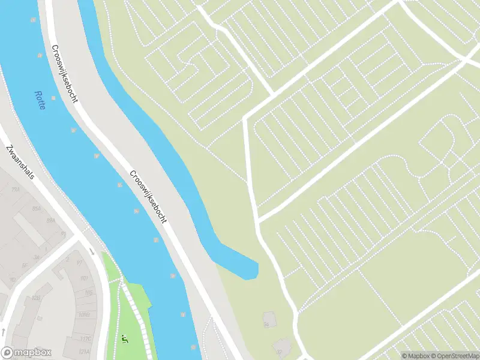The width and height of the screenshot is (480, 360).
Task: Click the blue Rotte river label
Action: tap(40, 100)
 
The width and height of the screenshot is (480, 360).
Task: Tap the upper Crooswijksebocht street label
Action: tap(65, 73)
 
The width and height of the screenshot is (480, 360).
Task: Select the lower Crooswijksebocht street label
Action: tap(148, 197)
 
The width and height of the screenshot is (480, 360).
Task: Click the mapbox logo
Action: tap(26, 353)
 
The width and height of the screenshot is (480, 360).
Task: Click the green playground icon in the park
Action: tap(125, 340)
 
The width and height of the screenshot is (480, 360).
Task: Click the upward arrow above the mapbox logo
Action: tap(4, 331)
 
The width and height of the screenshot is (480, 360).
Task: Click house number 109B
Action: tap(84, 314)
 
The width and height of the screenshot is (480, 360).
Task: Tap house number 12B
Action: tap(35, 297)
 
